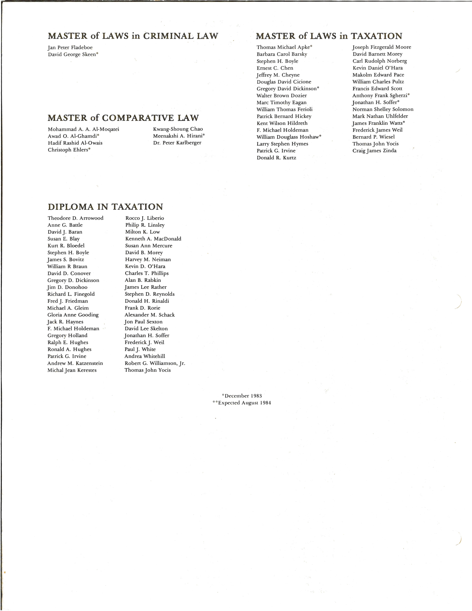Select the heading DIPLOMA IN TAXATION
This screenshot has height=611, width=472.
click(105, 207)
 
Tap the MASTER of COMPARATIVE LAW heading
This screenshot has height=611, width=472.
click(123, 118)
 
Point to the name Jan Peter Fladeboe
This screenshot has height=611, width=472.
click(70, 48)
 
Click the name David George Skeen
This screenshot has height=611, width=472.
click(73, 55)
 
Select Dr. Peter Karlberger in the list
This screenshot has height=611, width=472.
click(177, 143)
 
